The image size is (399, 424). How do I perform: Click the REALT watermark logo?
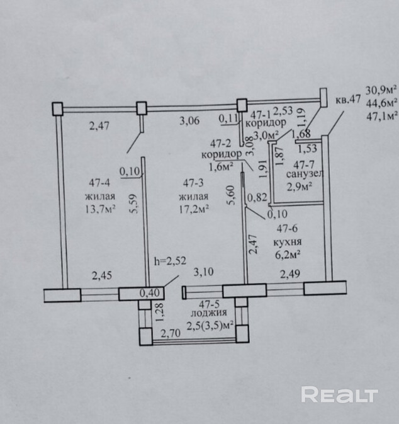click(x=339, y=395)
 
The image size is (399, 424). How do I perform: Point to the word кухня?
click(x=286, y=241)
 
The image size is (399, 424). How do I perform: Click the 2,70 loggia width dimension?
click(x=169, y=335)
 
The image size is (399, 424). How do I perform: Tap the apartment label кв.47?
click(x=347, y=100)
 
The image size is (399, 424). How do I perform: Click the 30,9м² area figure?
click(x=382, y=88)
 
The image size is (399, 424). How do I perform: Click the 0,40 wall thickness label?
click(x=149, y=292)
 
